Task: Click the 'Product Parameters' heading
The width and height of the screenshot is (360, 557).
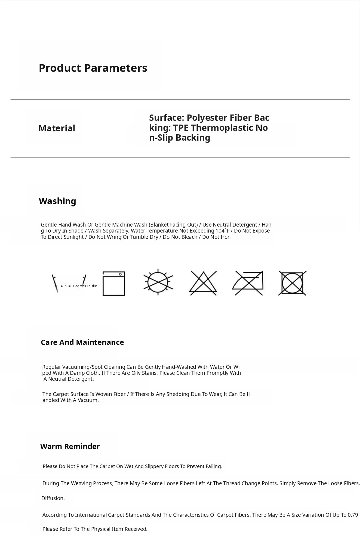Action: pyautogui.click(x=93, y=68)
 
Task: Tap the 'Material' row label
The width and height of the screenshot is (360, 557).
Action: pyautogui.click(x=57, y=128)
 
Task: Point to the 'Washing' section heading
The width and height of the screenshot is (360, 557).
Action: pyautogui.click(x=57, y=201)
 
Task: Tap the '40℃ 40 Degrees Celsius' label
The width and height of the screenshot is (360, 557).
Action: pyautogui.click(x=79, y=286)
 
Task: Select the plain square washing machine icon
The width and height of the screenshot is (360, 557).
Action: pyautogui.click(x=114, y=283)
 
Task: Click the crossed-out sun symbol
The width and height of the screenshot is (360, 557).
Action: pyautogui.click(x=158, y=282)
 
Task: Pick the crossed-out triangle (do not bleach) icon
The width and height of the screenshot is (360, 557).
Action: pyautogui.click(x=203, y=283)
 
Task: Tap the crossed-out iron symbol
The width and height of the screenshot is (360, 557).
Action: pyautogui.click(x=248, y=283)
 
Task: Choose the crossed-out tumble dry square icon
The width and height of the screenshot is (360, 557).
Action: pyautogui.click(x=292, y=283)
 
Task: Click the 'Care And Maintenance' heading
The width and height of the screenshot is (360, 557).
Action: pyautogui.click(x=82, y=342)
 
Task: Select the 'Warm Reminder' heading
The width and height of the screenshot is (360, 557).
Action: pyautogui.click(x=70, y=446)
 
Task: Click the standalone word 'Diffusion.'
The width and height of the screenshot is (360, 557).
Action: pyautogui.click(x=53, y=498)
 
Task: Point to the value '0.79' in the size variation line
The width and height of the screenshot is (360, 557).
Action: pyautogui.click(x=353, y=515)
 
